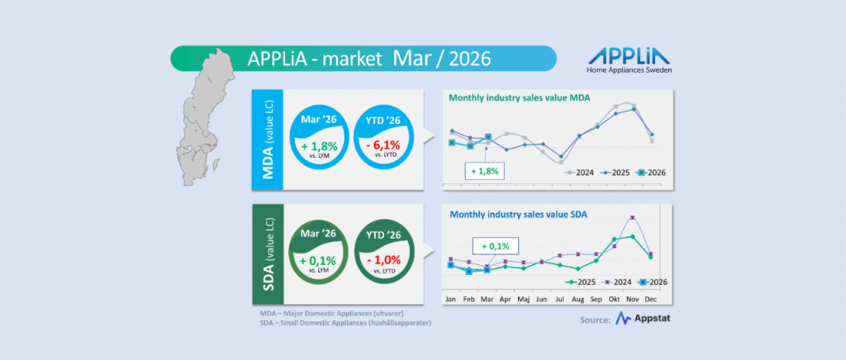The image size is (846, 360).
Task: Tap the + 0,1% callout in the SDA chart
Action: coord(494,245)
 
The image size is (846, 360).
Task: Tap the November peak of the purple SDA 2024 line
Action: coord(633,217)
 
